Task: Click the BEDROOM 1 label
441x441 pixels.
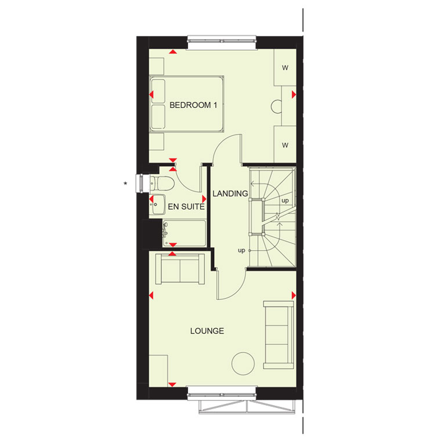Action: coord(193,105)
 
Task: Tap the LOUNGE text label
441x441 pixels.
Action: coord(207,331)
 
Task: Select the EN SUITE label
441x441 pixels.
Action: coord(186,207)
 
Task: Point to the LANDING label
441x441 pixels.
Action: coord(230,193)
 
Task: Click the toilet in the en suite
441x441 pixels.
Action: coord(162,184)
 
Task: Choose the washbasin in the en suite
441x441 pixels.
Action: coord(157,204)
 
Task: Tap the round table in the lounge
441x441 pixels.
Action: coord(243,363)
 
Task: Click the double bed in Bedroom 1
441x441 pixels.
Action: coord(186,103)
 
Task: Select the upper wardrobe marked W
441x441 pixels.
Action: coord(285,67)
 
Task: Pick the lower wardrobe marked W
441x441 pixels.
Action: coord(285,145)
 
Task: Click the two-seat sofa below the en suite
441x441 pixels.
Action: coord(180,269)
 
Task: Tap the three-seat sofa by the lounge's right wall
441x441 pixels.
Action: coord(279,335)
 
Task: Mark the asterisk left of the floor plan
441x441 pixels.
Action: coord(125,183)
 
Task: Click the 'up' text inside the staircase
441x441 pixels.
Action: coord(285,201)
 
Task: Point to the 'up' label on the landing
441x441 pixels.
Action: coord(241,250)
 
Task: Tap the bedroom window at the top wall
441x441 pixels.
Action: coord(222,42)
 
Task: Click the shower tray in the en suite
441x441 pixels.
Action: coord(184,233)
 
